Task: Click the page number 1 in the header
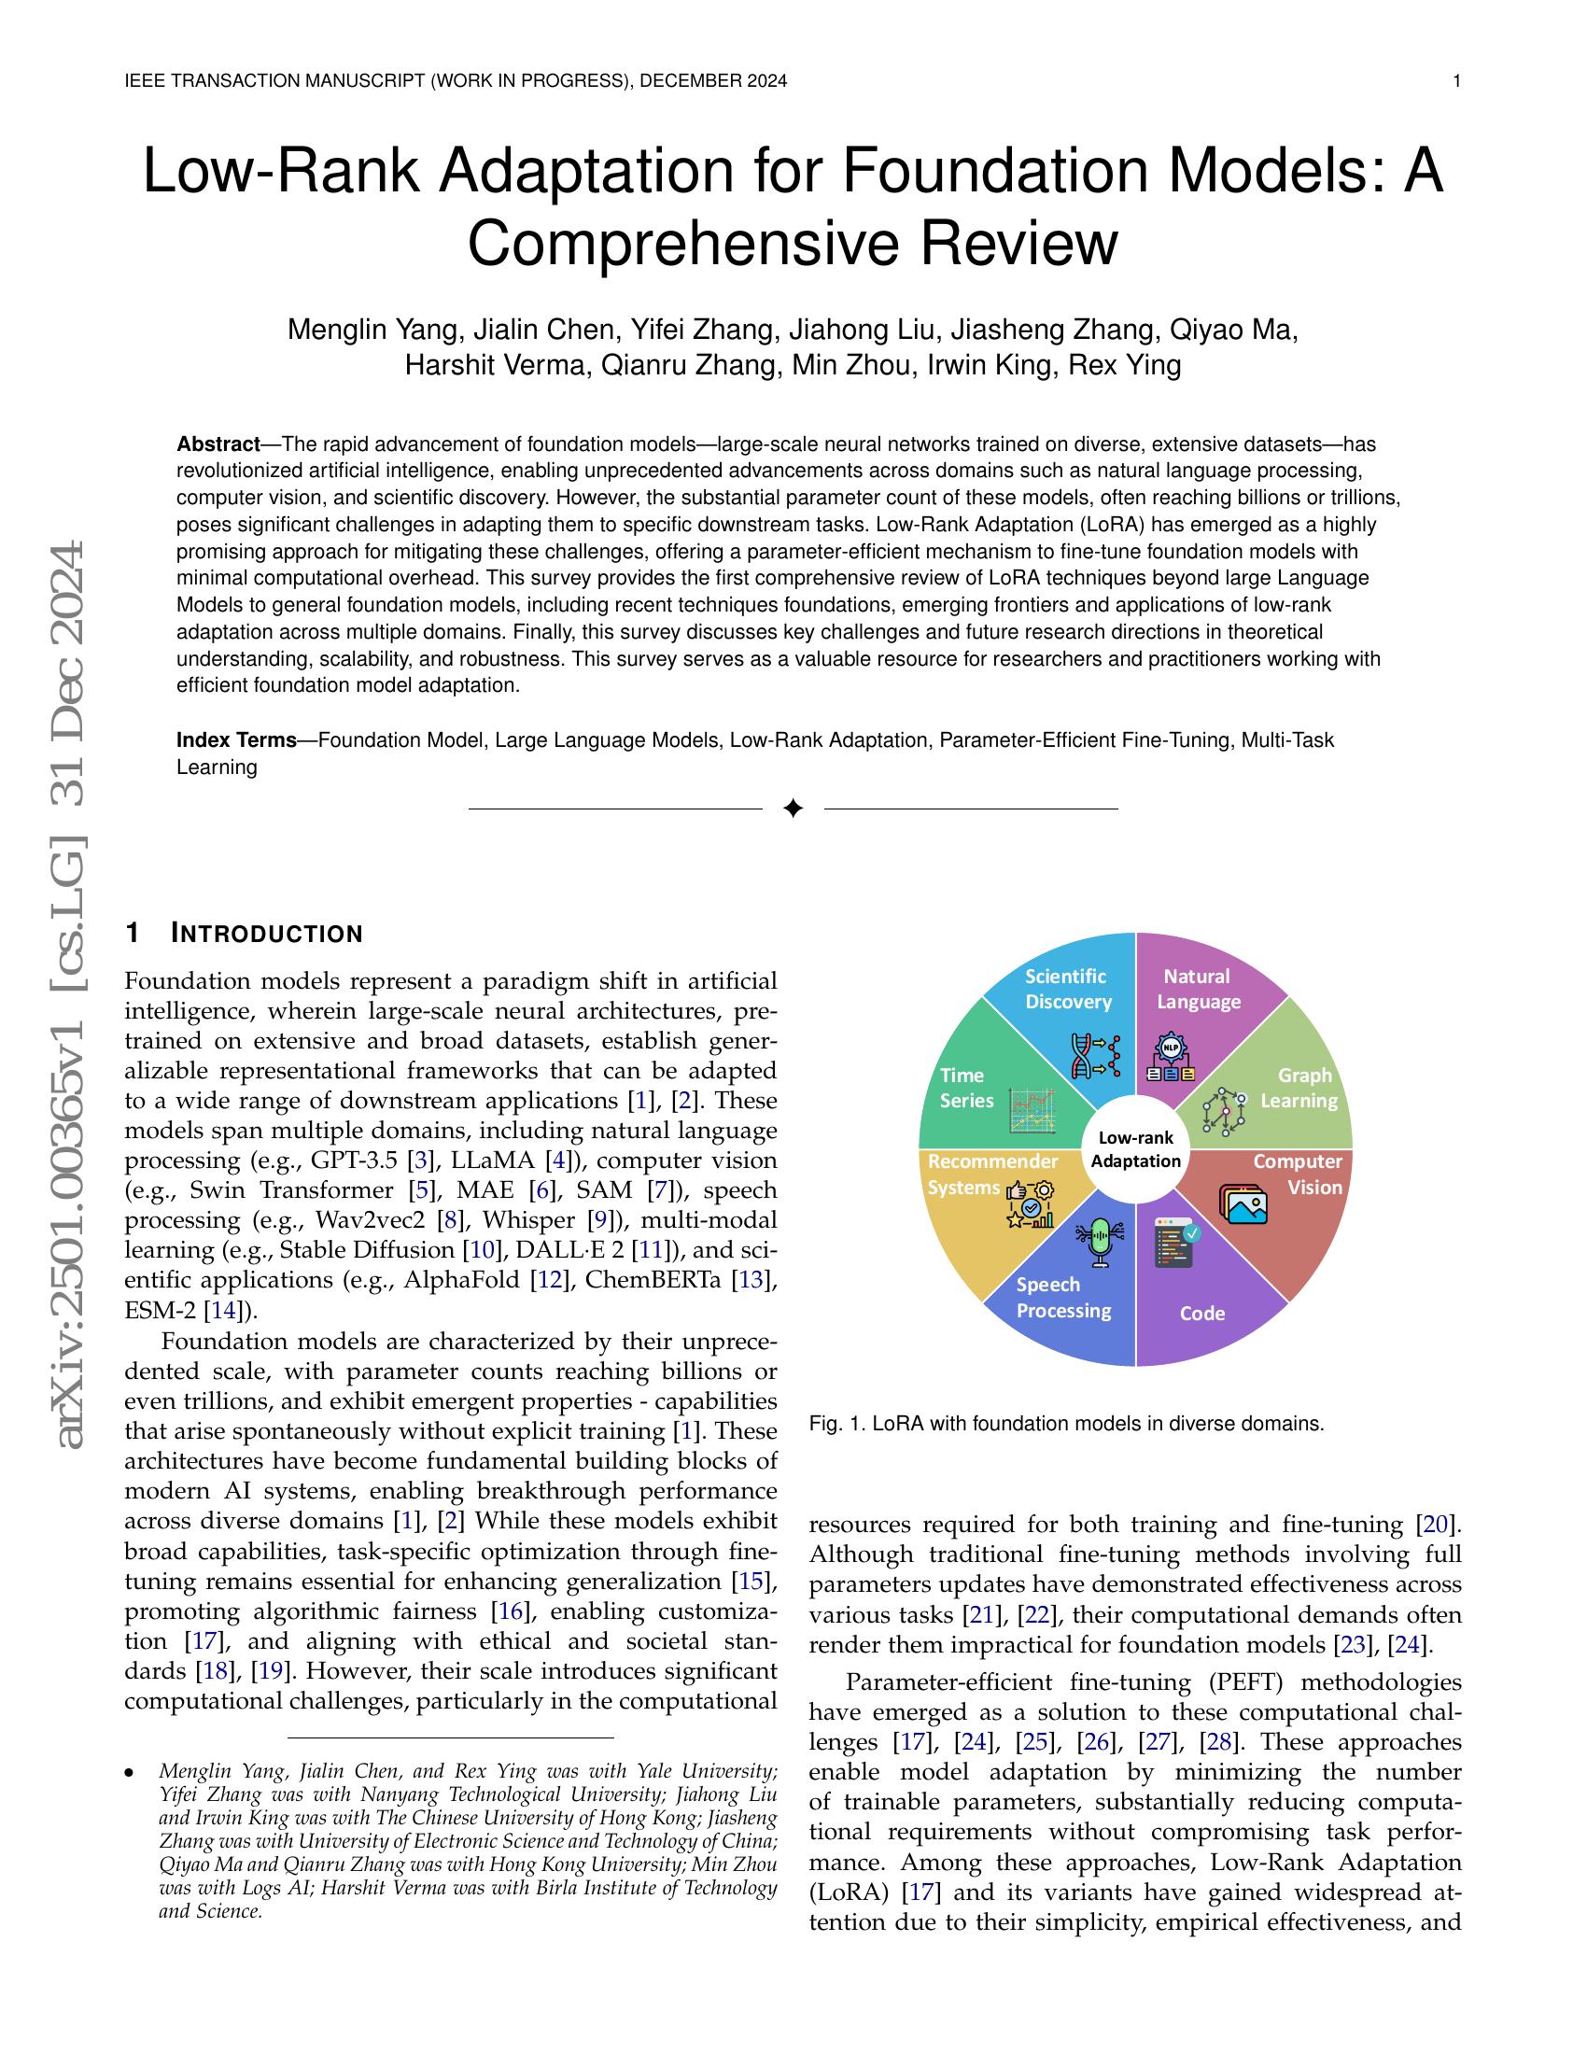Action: [1456, 82]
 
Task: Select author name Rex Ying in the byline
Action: [1126, 365]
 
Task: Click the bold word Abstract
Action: [218, 443]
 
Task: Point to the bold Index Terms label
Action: [237, 740]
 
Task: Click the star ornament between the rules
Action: [793, 808]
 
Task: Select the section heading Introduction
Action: [266, 934]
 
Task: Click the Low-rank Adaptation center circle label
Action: [1136, 1150]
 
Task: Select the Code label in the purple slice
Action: [1201, 1313]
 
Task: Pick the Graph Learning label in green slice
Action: [1301, 1087]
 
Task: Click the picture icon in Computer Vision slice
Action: [1243, 1203]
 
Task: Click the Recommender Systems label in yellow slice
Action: [990, 1175]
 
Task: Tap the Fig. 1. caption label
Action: [836, 1424]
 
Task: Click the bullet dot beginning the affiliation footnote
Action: [130, 1773]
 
